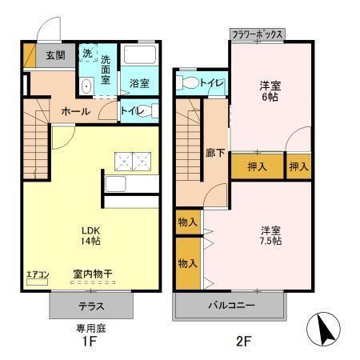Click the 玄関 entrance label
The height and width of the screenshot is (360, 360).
(x=55, y=55)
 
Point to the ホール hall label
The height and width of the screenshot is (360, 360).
(x=75, y=111)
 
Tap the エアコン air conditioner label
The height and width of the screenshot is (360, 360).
(x=38, y=276)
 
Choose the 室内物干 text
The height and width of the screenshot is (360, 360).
(x=92, y=274)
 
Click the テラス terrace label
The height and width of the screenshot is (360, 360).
(x=90, y=306)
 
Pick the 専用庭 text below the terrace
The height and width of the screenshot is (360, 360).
(x=90, y=327)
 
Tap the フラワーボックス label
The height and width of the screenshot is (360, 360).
(x=258, y=35)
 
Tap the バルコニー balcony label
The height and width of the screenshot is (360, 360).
(x=231, y=306)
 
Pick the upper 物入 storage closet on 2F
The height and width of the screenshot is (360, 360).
(x=188, y=222)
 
